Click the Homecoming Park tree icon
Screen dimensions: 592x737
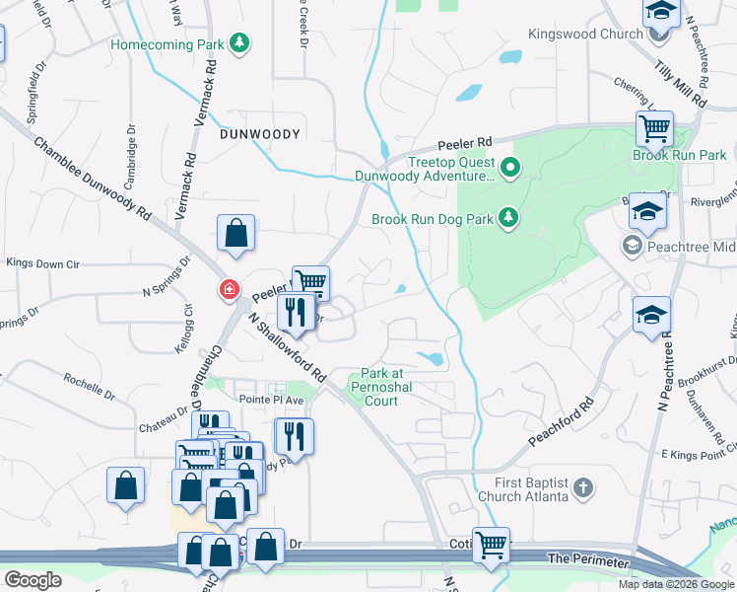pyautogui.click(x=238, y=43)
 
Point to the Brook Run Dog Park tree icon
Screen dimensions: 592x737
pyautogui.click(x=507, y=217)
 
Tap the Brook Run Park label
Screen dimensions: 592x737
pyautogui.click(x=679, y=156)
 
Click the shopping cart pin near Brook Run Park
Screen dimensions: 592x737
pyautogui.click(x=654, y=128)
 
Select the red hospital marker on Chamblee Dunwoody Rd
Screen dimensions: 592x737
pyautogui.click(x=229, y=289)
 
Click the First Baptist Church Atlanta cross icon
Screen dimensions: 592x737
pyautogui.click(x=583, y=486)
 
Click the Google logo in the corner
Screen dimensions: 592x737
pyautogui.click(x=33, y=580)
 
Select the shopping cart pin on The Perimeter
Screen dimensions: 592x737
pyautogui.click(x=491, y=544)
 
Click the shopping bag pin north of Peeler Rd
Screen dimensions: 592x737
pyautogui.click(x=236, y=234)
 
